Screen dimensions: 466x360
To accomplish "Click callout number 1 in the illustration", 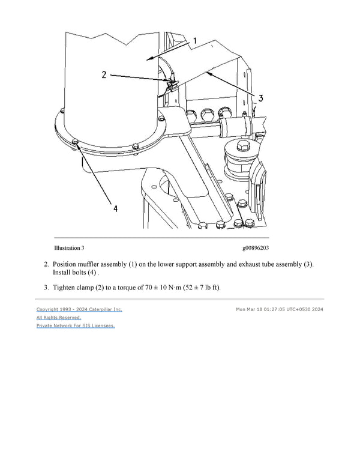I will [194, 41].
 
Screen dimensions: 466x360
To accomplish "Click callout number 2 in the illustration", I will [104, 75].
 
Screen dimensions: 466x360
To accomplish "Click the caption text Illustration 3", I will [69, 247].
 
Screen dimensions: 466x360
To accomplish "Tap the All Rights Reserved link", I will [59, 317].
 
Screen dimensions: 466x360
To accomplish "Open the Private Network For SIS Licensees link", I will [76, 325].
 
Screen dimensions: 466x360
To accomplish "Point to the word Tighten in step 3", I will [66, 287].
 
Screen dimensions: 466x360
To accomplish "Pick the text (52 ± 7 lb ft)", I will [200, 287].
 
